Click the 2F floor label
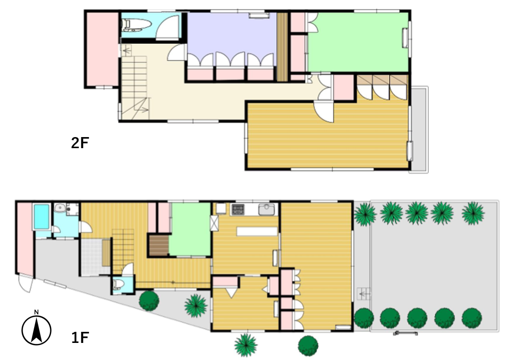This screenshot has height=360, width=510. tap(80, 143)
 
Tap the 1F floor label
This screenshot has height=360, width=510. tap(80, 338)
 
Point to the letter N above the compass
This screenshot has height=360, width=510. tap(36, 312)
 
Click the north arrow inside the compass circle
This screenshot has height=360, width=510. tap(36, 330)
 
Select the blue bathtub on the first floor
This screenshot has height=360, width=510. tap(42, 216)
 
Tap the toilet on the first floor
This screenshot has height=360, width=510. tap(118, 283)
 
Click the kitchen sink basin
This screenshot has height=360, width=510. tap(266, 210)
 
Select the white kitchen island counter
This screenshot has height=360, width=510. tap(257, 231)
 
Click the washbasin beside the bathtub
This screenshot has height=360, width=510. tap(60, 208)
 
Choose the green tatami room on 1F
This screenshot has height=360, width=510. tap(190, 229)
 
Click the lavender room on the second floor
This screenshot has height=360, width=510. tap(232, 36)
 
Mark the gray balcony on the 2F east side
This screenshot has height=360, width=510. tap(420, 129)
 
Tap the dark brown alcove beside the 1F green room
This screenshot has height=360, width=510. tap(159, 245)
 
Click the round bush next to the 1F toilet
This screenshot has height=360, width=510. tap(149, 300)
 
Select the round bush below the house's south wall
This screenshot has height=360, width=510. tap(308, 345)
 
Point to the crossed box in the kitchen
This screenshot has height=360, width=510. tap(214, 223)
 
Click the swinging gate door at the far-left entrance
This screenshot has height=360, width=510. tap(26, 283)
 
